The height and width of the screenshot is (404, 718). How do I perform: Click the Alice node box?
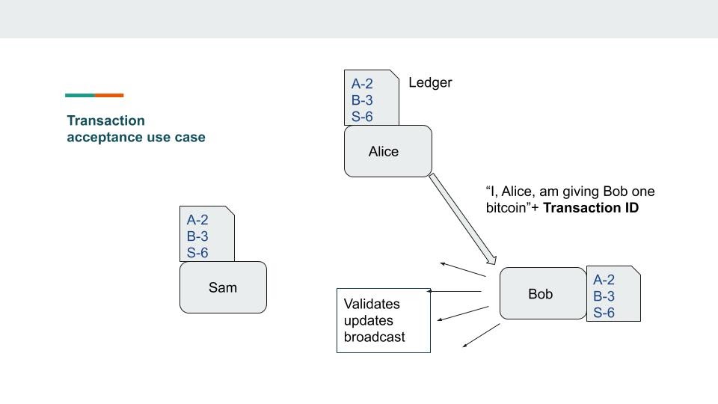click(x=387, y=151)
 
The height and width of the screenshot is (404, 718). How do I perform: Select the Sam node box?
click(x=223, y=287)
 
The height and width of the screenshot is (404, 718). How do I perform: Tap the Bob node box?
click(x=542, y=294)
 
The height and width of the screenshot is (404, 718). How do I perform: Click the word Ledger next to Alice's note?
click(x=430, y=82)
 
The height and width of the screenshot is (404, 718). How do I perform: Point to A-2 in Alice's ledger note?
click(x=362, y=84)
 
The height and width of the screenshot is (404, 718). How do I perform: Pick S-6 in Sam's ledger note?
click(x=197, y=253)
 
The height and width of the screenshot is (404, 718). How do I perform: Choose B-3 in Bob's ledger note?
click(x=604, y=296)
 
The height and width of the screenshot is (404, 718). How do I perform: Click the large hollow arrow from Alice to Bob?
click(x=461, y=218)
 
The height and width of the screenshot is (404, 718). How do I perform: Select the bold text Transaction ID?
click(x=591, y=208)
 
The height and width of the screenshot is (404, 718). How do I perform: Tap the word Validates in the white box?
click(x=372, y=304)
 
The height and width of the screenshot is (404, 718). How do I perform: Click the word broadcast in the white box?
click(x=374, y=337)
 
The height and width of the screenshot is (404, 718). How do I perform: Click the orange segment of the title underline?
click(x=109, y=95)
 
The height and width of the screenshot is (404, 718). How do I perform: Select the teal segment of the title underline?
click(x=79, y=95)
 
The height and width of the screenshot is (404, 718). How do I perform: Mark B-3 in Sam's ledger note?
click(x=197, y=236)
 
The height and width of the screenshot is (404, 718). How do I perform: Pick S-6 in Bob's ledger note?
click(x=604, y=313)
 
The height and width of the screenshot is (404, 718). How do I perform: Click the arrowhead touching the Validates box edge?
click(x=429, y=291)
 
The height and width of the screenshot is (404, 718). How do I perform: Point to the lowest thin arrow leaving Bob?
click(x=481, y=336)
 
